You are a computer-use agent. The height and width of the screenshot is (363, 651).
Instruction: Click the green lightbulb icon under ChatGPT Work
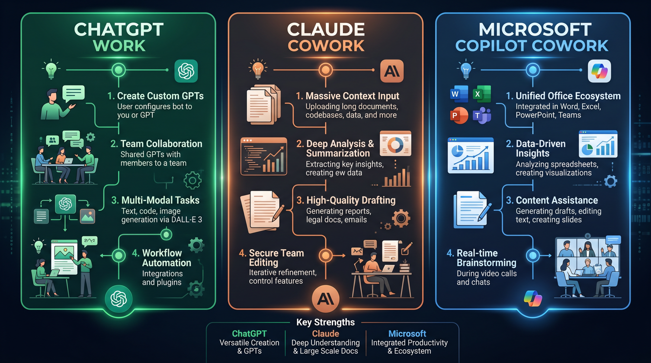[51, 69]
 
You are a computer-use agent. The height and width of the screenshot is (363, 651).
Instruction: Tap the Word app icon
[459, 94]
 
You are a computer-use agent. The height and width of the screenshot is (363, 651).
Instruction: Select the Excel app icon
[482, 94]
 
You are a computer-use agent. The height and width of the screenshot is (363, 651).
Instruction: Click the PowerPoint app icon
[459, 116]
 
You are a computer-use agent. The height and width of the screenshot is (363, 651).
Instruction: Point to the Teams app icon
[482, 116]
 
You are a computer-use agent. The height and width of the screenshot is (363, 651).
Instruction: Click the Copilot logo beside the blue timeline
[599, 71]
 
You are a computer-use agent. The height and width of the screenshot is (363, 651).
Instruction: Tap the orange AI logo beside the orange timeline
[392, 71]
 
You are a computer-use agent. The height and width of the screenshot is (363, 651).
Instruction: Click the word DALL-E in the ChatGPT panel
[183, 220]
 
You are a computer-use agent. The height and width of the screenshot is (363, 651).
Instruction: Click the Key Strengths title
[325, 322]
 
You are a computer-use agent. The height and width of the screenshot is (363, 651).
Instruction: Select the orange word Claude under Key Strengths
[325, 334]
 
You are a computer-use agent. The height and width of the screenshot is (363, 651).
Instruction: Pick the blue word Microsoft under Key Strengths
[407, 334]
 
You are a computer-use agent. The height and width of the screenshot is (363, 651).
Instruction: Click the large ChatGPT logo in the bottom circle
[119, 299]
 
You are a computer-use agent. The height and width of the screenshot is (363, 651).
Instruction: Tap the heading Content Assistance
[557, 200]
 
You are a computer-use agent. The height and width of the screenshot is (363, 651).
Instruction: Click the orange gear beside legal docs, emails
[401, 218]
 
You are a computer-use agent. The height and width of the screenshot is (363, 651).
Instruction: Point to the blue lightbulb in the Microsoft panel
[466, 69]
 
